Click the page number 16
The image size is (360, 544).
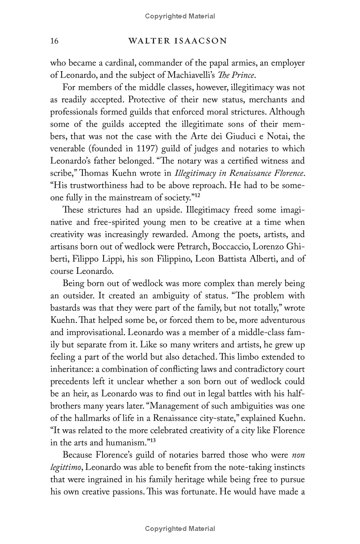tap(54, 41)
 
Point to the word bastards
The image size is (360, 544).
tap(66, 308)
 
